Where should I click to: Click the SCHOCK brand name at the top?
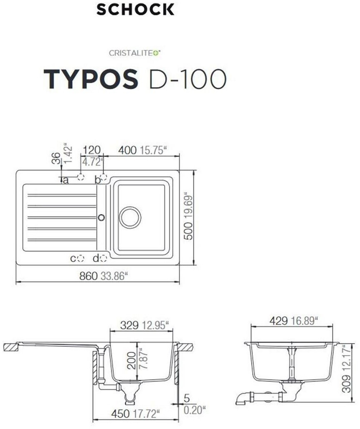coord(135,10)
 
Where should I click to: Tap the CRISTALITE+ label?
coord(135,53)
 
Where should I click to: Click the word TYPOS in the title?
coord(91,79)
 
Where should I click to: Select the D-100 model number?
coord(188,79)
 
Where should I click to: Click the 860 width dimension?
coord(88,276)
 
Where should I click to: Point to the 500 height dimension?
coord(189,231)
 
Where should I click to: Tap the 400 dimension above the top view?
coord(127,150)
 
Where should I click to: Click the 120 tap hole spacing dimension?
coord(92,150)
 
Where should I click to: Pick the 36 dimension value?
coord(56,158)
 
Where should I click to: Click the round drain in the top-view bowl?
coord(130,217)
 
